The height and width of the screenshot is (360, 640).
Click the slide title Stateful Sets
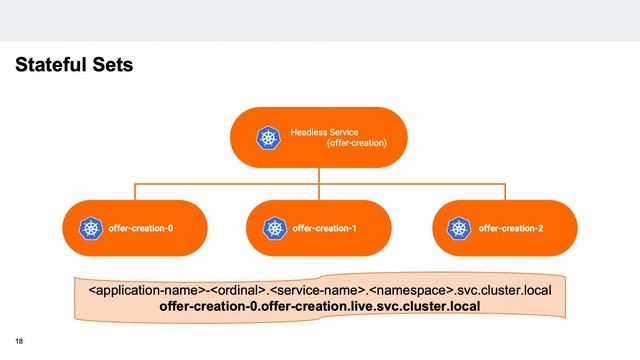pyautogui.click(x=74, y=66)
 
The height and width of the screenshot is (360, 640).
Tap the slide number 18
pyautogui.click(x=19, y=341)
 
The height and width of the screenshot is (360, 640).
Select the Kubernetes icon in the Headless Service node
pyautogui.click(x=268, y=138)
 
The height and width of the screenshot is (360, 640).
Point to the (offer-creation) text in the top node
pyautogui.click(x=356, y=144)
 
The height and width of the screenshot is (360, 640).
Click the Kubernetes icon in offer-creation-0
pyautogui.click(x=90, y=229)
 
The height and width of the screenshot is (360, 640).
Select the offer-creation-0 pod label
pyautogui.click(x=141, y=229)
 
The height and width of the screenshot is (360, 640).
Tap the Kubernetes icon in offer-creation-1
pyautogui.click(x=274, y=229)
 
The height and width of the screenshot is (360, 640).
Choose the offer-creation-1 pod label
pyautogui.click(x=325, y=229)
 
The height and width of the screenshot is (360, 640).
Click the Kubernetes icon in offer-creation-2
pyautogui.click(x=459, y=229)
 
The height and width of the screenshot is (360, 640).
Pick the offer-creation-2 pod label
pyautogui.click(x=511, y=229)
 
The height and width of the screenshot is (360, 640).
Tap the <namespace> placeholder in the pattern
pyautogui.click(x=412, y=290)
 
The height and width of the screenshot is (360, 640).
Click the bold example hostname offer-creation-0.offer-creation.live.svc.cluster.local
pyautogui.click(x=320, y=306)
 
